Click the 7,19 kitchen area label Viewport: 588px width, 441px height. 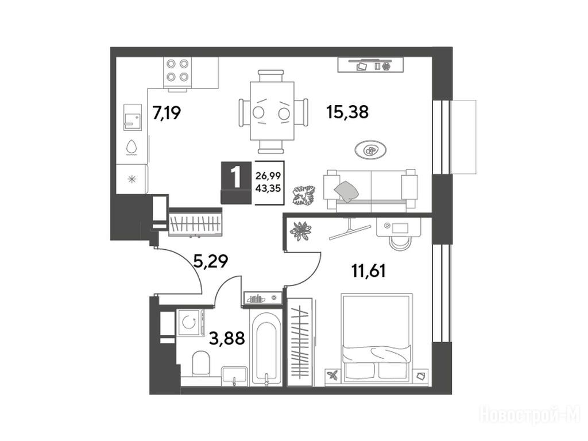pyautogui.click(x=167, y=112)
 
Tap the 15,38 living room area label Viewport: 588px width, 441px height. pyautogui.click(x=347, y=111)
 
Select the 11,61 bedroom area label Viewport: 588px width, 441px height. pyautogui.click(x=369, y=270)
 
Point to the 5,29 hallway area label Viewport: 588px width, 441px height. pyautogui.click(x=210, y=261)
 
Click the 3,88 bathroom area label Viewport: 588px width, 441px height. pyautogui.click(x=227, y=338)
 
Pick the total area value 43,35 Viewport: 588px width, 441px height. pyautogui.click(x=268, y=188)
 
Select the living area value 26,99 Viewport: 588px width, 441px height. pyautogui.click(x=268, y=175)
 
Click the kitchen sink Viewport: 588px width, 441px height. pyautogui.click(x=133, y=117)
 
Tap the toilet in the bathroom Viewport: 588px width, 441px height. pyautogui.click(x=200, y=363)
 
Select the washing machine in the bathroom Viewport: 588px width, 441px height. pyautogui.click(x=189, y=322)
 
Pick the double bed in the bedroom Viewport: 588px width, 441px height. pyautogui.click(x=377, y=338)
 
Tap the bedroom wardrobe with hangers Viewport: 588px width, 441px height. pyautogui.click(x=300, y=342)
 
